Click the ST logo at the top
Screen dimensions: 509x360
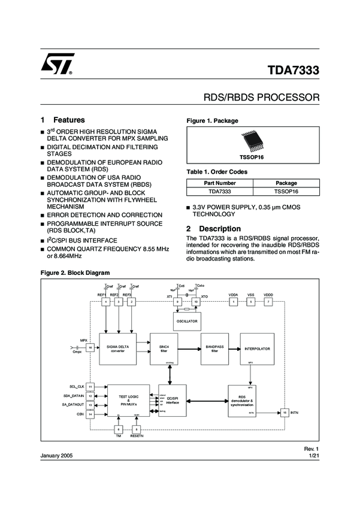pos(58,64)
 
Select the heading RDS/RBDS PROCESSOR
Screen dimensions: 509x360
pos(262,97)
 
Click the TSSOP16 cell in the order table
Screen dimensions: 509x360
pos(286,192)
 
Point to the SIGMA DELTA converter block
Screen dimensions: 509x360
pos(117,349)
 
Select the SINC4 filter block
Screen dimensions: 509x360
pos(170,349)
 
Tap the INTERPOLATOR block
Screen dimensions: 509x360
pos(257,349)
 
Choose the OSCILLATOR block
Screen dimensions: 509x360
pos(186,322)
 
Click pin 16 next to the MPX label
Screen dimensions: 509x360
pos(90,347)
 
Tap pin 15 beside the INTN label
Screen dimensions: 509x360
pos(285,413)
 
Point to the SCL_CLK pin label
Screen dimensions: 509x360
pos(77,386)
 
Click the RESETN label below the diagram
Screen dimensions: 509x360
pos(137,437)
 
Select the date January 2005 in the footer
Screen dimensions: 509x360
pos(56,456)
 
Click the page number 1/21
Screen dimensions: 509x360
pos(315,456)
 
